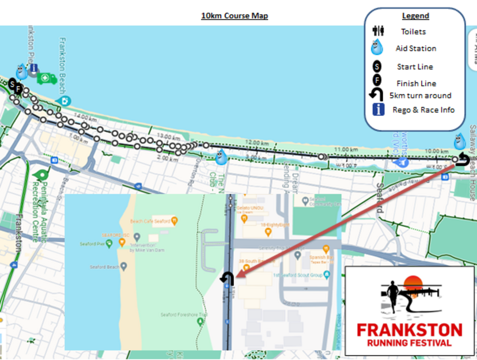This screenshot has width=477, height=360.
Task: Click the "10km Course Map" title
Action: [234, 16]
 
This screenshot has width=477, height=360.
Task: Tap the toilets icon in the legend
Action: [378, 31]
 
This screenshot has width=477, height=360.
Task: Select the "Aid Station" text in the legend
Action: [415, 49]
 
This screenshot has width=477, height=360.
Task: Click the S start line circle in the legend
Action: [377, 67]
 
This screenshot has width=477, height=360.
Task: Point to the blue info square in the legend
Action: [378, 109]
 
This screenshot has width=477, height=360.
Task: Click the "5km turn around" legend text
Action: [420, 96]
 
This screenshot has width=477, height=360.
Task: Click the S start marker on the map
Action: [12, 85]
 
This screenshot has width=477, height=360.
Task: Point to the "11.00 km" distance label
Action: [346, 149]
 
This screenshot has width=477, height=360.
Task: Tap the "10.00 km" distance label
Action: [437, 151]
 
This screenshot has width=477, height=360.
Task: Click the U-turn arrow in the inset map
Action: [227, 279]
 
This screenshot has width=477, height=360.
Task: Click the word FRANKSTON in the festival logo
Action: [409, 330]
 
